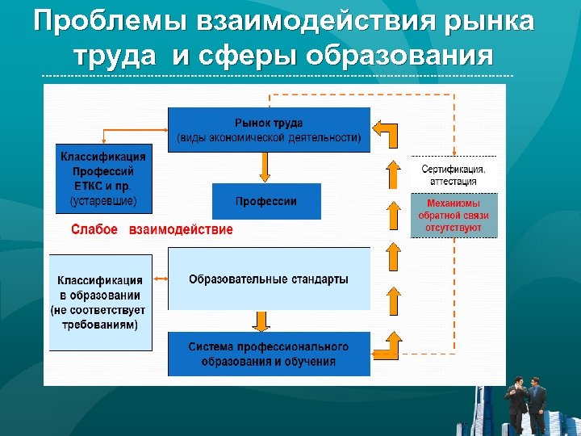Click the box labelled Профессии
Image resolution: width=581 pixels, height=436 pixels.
tap(266, 201)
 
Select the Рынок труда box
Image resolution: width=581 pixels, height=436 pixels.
tap(269, 130)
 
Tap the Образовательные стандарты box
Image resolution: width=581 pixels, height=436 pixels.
tap(269, 279)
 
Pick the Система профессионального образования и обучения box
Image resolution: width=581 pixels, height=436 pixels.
tap(269, 354)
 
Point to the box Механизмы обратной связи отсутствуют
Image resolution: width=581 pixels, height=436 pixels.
tap(454, 216)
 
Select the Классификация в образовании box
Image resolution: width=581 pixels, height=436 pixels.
tap(100, 302)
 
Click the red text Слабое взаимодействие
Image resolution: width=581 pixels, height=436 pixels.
tap(152, 229)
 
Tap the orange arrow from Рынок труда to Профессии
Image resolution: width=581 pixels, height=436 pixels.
tap(264, 167)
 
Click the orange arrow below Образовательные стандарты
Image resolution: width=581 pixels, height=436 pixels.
tap(262, 321)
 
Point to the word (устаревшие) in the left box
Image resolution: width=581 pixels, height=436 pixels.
tap(103, 199)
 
